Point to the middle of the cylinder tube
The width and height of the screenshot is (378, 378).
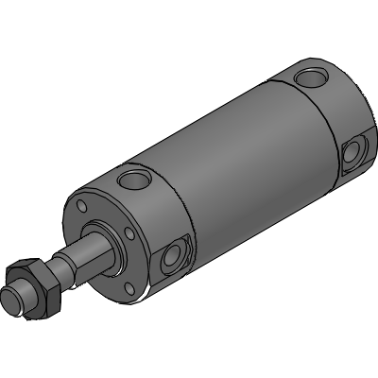[236, 161]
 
